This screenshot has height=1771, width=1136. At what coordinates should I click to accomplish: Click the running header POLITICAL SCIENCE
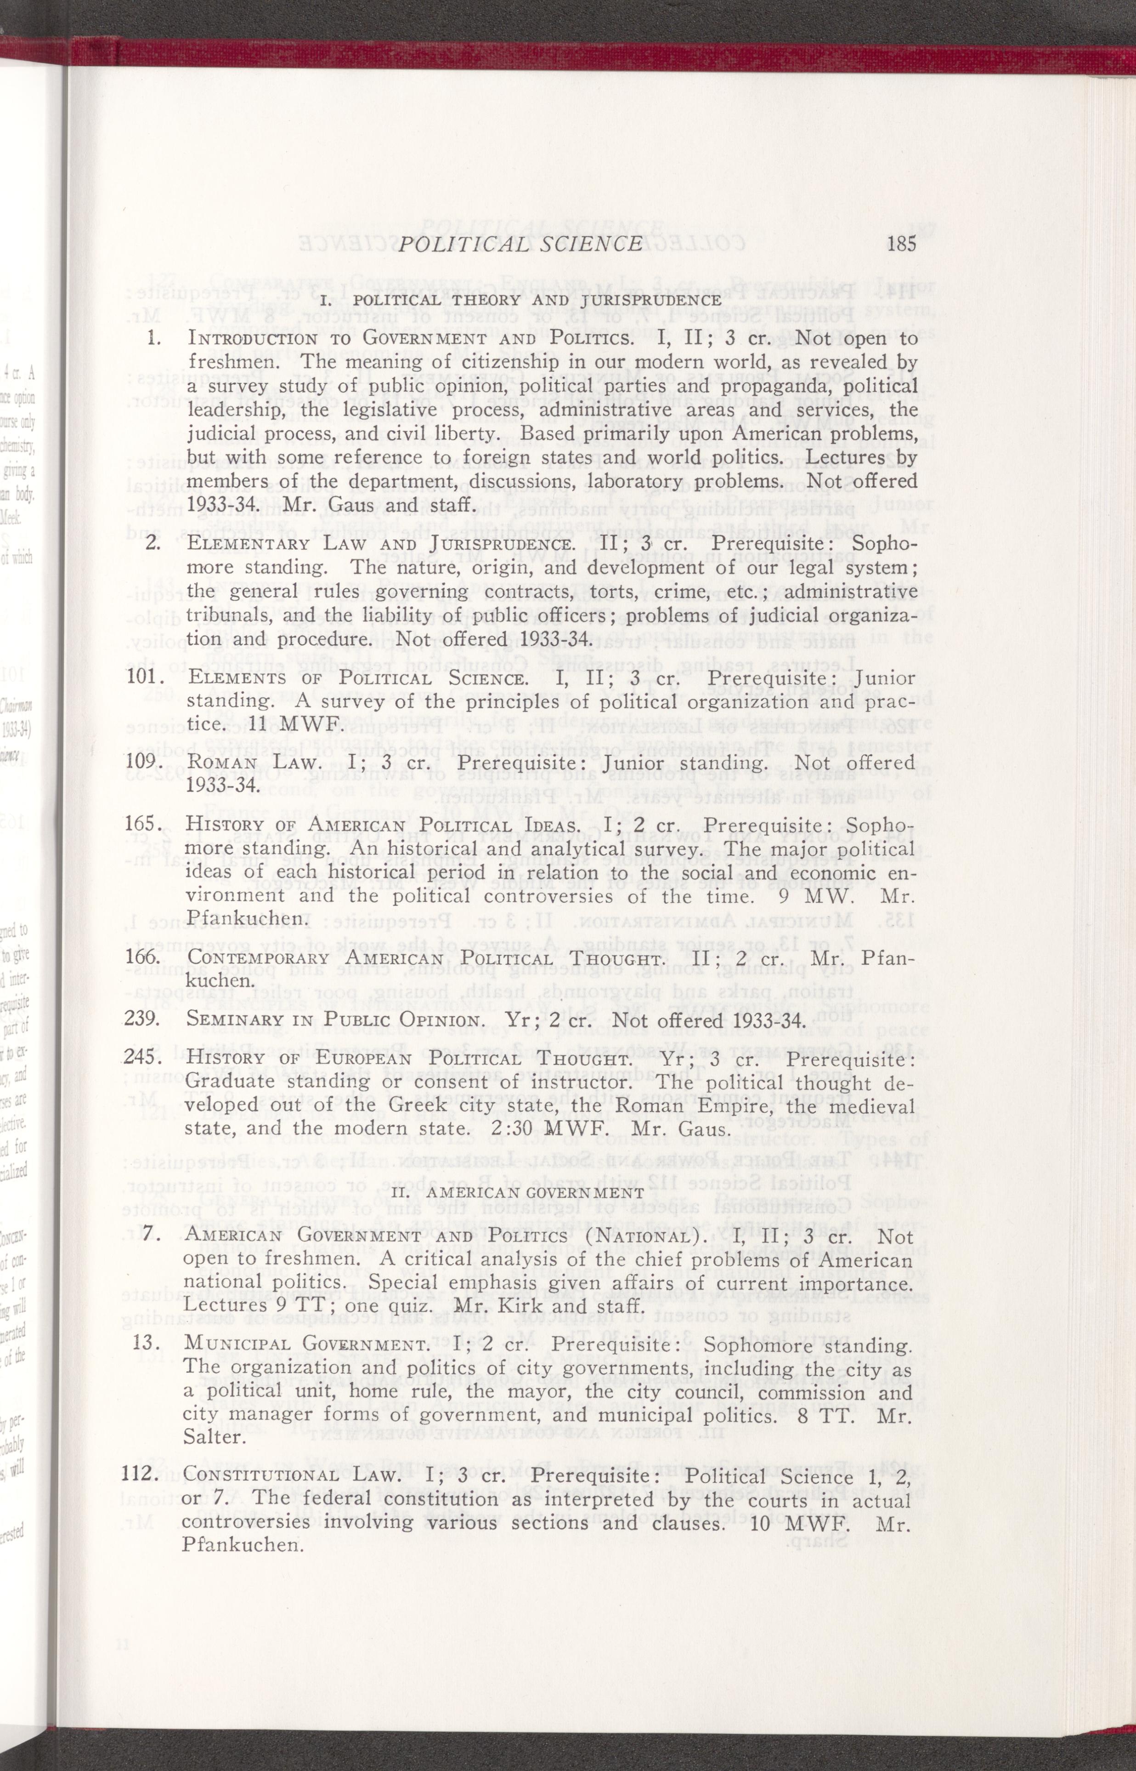tap(520, 244)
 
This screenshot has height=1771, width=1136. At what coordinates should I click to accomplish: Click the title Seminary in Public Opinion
tap(333, 1020)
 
